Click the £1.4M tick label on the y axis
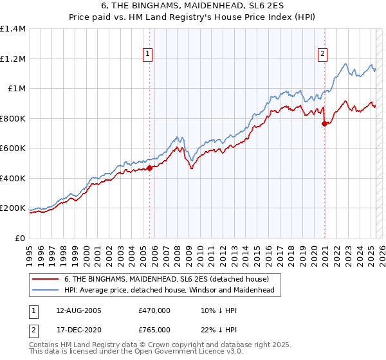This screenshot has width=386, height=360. point(13,29)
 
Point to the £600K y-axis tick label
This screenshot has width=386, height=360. point(13,148)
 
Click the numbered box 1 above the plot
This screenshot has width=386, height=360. point(149,55)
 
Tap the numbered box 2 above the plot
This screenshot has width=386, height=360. point(322,55)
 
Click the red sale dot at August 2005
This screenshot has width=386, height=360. point(149,168)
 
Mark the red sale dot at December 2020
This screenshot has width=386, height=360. point(324,124)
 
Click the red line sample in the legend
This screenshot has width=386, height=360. point(45,278)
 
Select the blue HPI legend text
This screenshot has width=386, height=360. point(169,290)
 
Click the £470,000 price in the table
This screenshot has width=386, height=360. point(154,309)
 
